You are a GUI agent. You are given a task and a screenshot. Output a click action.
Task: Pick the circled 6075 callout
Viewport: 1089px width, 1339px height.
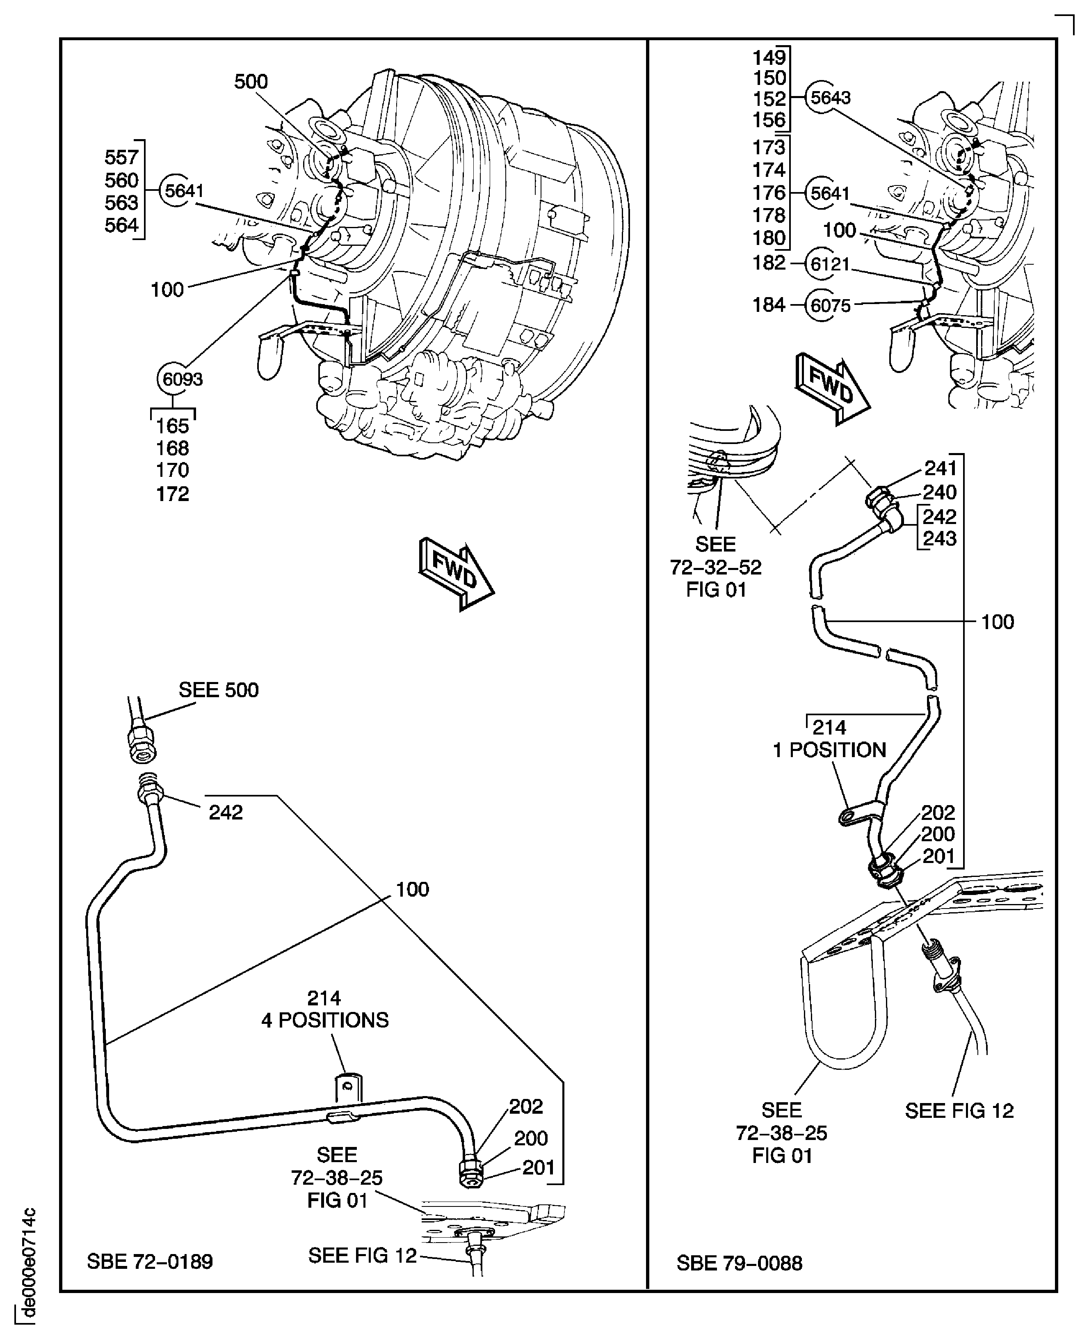tap(829, 306)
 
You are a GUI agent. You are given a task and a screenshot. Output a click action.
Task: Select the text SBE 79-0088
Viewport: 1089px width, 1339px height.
tap(739, 1262)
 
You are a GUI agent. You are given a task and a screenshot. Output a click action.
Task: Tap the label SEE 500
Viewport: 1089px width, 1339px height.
tap(218, 690)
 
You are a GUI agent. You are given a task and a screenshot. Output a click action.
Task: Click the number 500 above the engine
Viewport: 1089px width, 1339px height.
tap(251, 82)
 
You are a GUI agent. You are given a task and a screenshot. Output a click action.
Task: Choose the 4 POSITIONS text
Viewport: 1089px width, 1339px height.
tap(325, 1020)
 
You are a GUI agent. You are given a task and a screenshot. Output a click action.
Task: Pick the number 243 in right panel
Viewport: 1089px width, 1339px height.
tap(939, 538)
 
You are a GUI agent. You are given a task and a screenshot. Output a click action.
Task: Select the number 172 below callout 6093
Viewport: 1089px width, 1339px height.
tap(173, 494)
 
